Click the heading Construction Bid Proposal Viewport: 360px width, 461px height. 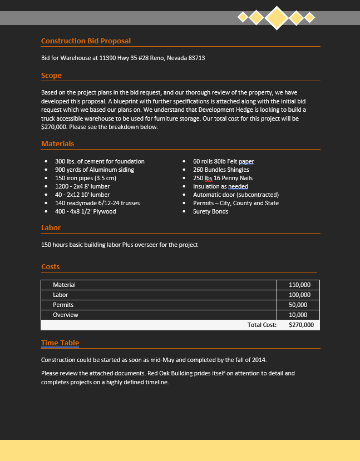(86, 41)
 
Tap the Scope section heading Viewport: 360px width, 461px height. (51, 76)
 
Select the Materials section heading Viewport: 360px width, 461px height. (57, 144)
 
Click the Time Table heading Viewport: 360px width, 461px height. (60, 343)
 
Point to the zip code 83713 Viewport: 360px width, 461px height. (196, 58)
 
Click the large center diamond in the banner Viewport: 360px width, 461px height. (277, 17)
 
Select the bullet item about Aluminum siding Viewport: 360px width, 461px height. (95, 170)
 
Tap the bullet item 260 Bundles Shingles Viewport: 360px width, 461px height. (221, 170)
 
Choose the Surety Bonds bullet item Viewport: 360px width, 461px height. (210, 211)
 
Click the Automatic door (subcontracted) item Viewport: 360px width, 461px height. (235, 195)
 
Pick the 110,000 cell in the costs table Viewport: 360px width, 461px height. (299, 285)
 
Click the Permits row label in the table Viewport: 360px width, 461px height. (63, 305)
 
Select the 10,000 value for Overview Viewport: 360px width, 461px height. (298, 315)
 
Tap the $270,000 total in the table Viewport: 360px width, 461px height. (301, 325)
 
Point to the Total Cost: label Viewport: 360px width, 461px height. (262, 325)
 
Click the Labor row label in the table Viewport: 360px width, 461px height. (61, 295)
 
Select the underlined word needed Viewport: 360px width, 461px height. (238, 186)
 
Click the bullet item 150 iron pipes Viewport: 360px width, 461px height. (86, 178)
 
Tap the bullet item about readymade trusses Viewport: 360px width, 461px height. (97, 203)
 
